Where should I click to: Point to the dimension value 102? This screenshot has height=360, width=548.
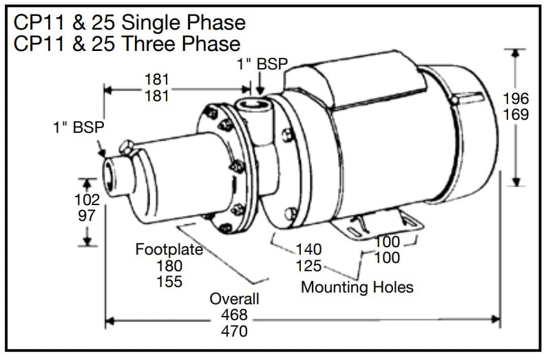click(x=87, y=200)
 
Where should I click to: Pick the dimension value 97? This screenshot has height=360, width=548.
click(x=87, y=215)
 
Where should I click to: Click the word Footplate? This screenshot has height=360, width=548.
click(x=169, y=249)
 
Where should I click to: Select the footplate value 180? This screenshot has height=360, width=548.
click(x=169, y=266)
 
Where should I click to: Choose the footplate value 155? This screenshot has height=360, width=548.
click(x=169, y=282)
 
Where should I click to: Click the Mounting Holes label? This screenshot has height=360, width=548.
click(x=357, y=286)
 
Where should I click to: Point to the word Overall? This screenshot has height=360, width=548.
click(x=235, y=299)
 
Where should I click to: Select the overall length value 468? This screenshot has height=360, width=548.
click(x=234, y=315)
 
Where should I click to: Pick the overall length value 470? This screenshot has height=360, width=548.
click(x=234, y=331)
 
